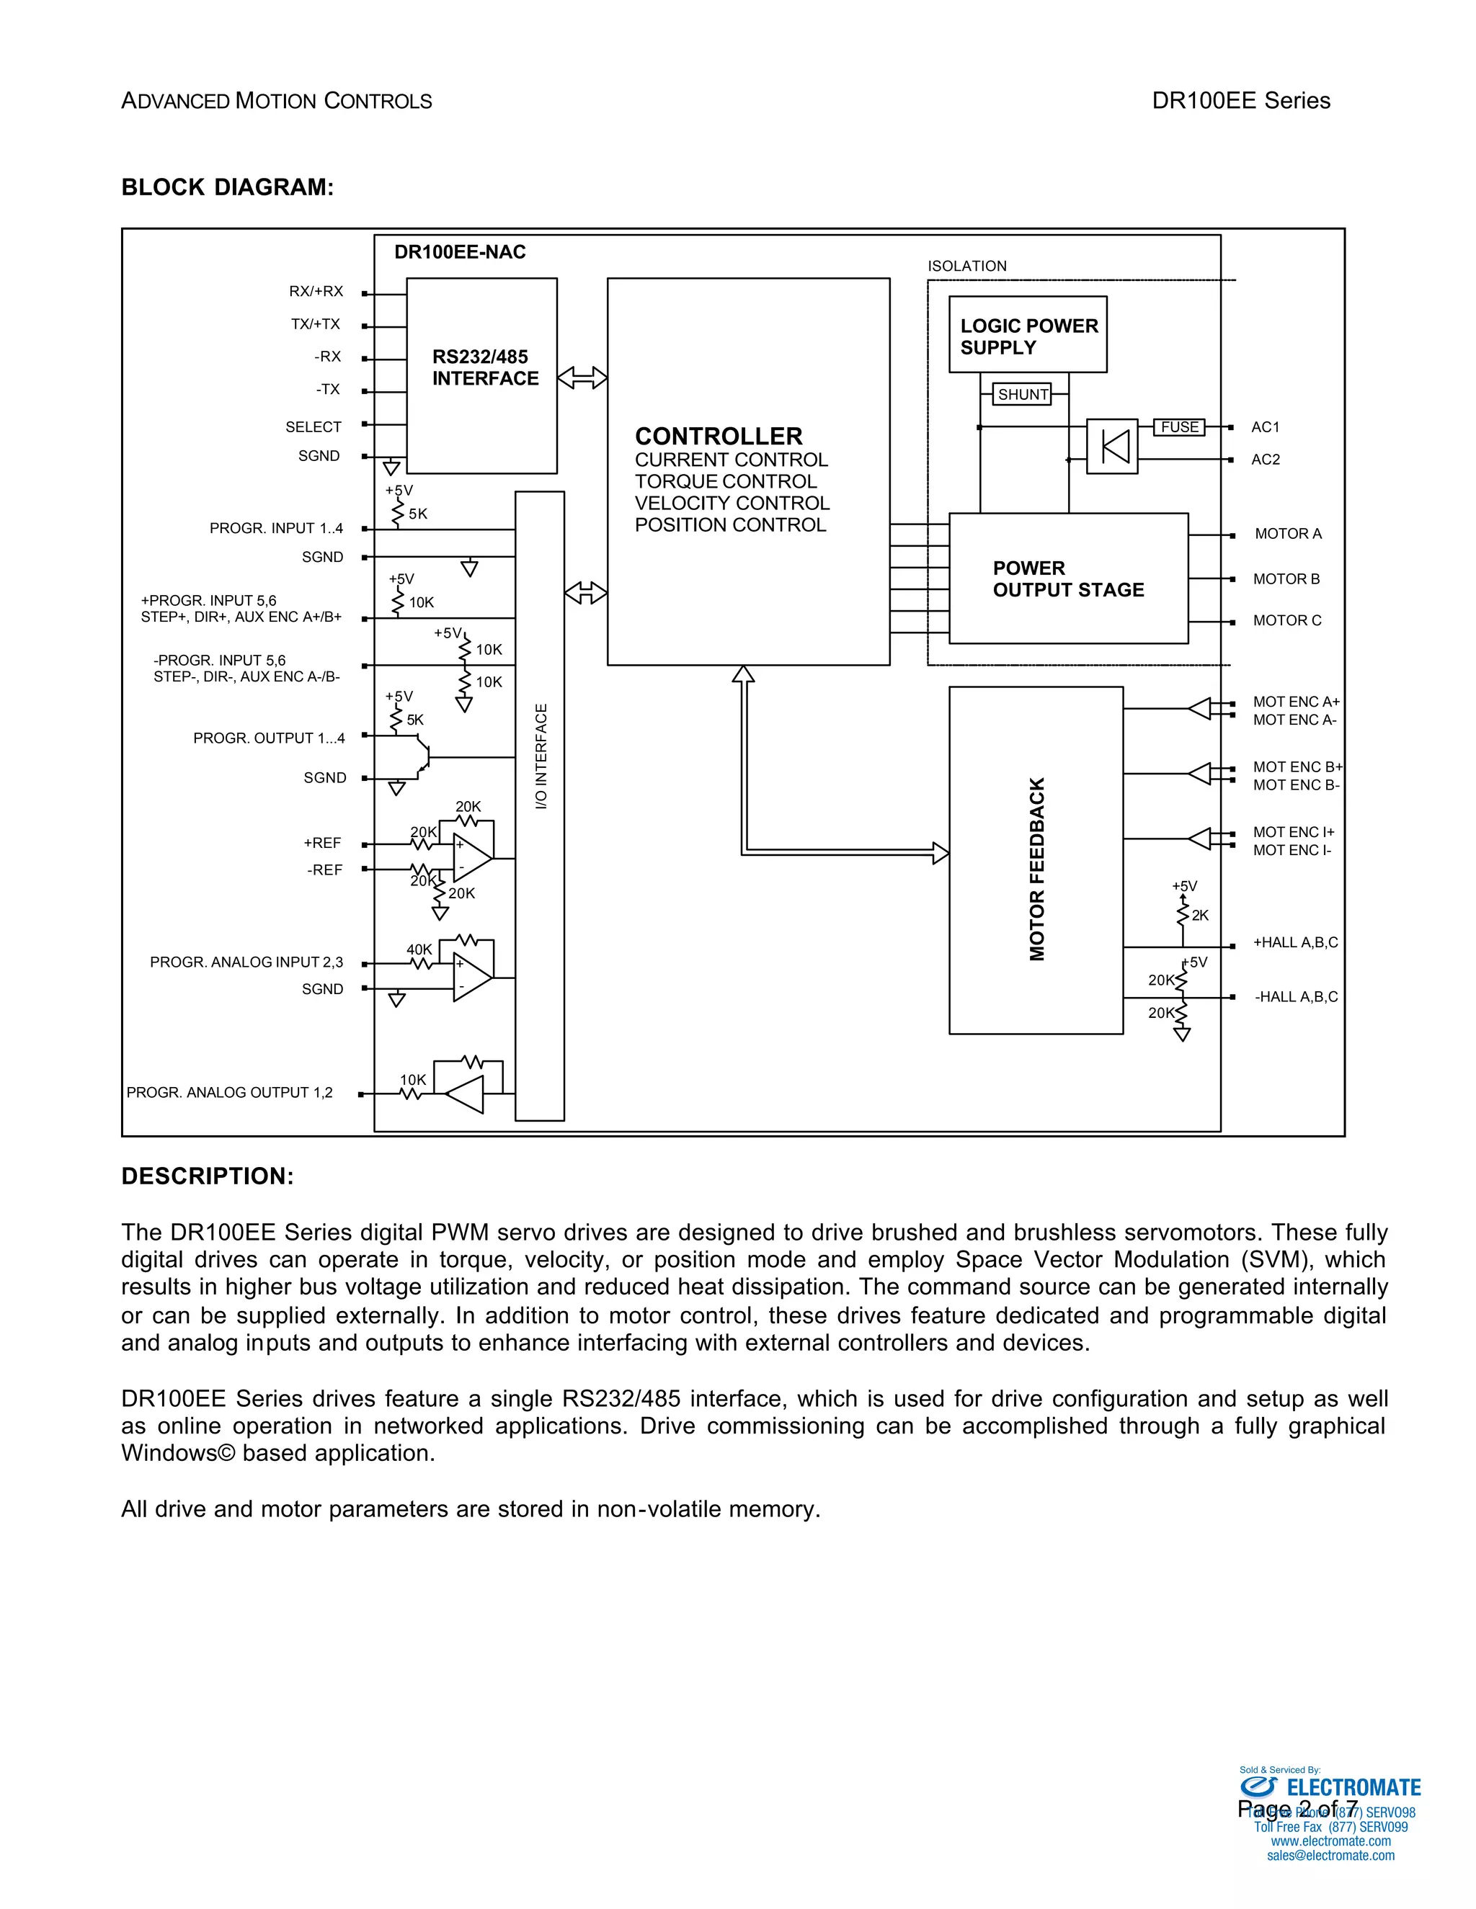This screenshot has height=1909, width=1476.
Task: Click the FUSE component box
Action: (1180, 426)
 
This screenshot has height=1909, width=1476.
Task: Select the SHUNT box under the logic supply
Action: (1022, 394)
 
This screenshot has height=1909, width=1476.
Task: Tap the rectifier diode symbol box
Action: (1112, 447)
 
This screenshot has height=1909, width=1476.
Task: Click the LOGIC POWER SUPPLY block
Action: (1028, 336)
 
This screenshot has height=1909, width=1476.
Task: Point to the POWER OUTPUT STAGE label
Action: (1067, 578)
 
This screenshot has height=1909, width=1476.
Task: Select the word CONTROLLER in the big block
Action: (718, 436)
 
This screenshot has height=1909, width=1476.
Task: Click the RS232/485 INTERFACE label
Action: (484, 368)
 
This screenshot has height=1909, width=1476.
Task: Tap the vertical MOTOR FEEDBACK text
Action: (1037, 869)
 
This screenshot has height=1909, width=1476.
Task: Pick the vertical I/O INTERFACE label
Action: (541, 756)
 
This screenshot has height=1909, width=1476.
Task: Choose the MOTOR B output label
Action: (1286, 578)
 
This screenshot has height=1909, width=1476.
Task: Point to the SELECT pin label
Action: (313, 426)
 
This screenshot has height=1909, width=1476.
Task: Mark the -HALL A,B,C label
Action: (1296, 997)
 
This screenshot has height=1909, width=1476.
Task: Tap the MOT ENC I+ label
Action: (1293, 832)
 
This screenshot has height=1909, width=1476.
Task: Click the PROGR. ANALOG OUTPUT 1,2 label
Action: (229, 1093)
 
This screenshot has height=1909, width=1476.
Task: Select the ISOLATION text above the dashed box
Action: (967, 266)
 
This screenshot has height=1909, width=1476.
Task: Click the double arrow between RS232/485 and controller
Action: (582, 377)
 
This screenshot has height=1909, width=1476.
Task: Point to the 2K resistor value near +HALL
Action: (1200, 915)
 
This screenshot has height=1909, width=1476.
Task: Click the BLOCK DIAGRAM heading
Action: (227, 187)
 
